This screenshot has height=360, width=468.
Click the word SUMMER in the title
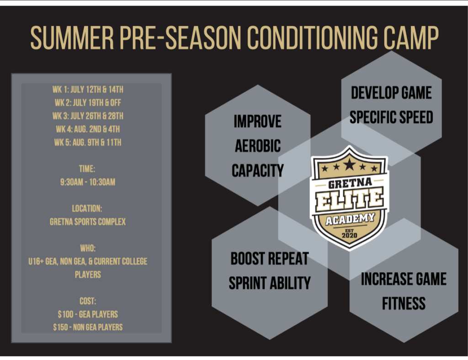click(x=72, y=38)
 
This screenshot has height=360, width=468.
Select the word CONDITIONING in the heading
click(x=312, y=38)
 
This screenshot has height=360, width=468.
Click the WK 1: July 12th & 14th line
click(x=88, y=90)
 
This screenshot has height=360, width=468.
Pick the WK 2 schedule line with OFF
click(x=88, y=103)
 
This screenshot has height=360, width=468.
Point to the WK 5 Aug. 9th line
click(x=88, y=142)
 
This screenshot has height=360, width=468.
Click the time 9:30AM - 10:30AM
click(x=88, y=182)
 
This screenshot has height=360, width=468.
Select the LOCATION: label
click(x=87, y=208)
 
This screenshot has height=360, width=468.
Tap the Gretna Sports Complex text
click(x=88, y=222)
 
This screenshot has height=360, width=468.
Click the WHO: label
click(x=88, y=248)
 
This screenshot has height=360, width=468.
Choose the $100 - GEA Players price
click(x=88, y=314)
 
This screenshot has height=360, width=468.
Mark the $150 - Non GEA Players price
click(x=88, y=327)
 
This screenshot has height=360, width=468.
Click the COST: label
click(x=88, y=301)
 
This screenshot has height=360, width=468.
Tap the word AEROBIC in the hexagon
click(x=258, y=146)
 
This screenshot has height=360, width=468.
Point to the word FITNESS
click(x=404, y=304)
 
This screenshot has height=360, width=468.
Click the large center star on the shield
click(x=349, y=164)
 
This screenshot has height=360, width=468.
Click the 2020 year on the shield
click(x=349, y=235)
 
